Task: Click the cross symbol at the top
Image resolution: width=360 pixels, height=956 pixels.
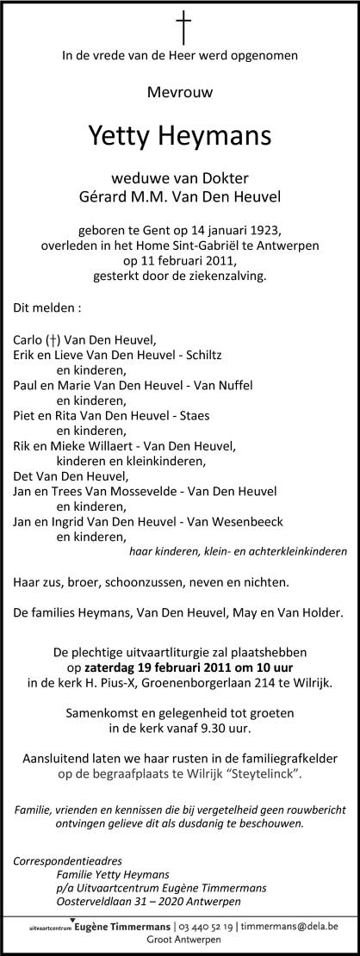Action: tap(181, 25)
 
